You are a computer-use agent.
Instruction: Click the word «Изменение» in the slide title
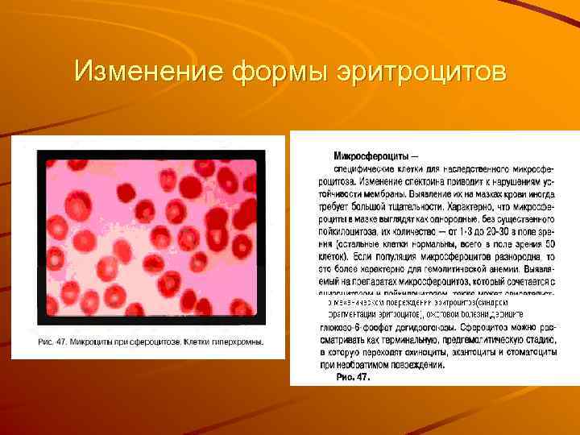149,72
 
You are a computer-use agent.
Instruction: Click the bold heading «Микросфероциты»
371,155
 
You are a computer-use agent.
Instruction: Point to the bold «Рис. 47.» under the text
353,376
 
